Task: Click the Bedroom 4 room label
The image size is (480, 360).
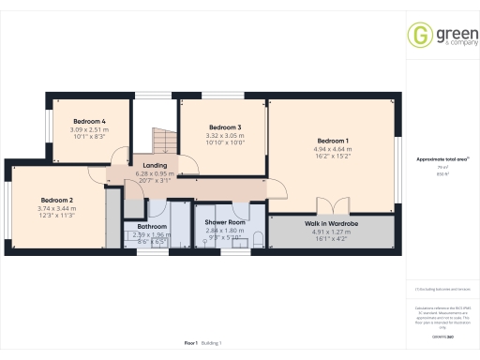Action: pos(90,121)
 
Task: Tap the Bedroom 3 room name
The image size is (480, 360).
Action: pos(225,127)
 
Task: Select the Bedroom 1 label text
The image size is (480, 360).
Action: pos(333,141)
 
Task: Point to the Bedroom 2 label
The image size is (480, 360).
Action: pos(57,200)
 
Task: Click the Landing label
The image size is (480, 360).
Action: pos(156,166)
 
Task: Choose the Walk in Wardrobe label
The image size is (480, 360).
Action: pos(329,222)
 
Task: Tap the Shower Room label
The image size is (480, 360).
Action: pos(224,222)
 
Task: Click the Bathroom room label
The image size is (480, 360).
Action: pos(152,226)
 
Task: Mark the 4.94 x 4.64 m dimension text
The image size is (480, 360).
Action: pos(333,148)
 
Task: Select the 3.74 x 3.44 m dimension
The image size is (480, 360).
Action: pos(57,207)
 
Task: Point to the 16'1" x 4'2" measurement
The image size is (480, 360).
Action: pos(329,237)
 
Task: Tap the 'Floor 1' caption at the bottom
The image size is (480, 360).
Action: pos(190,344)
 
